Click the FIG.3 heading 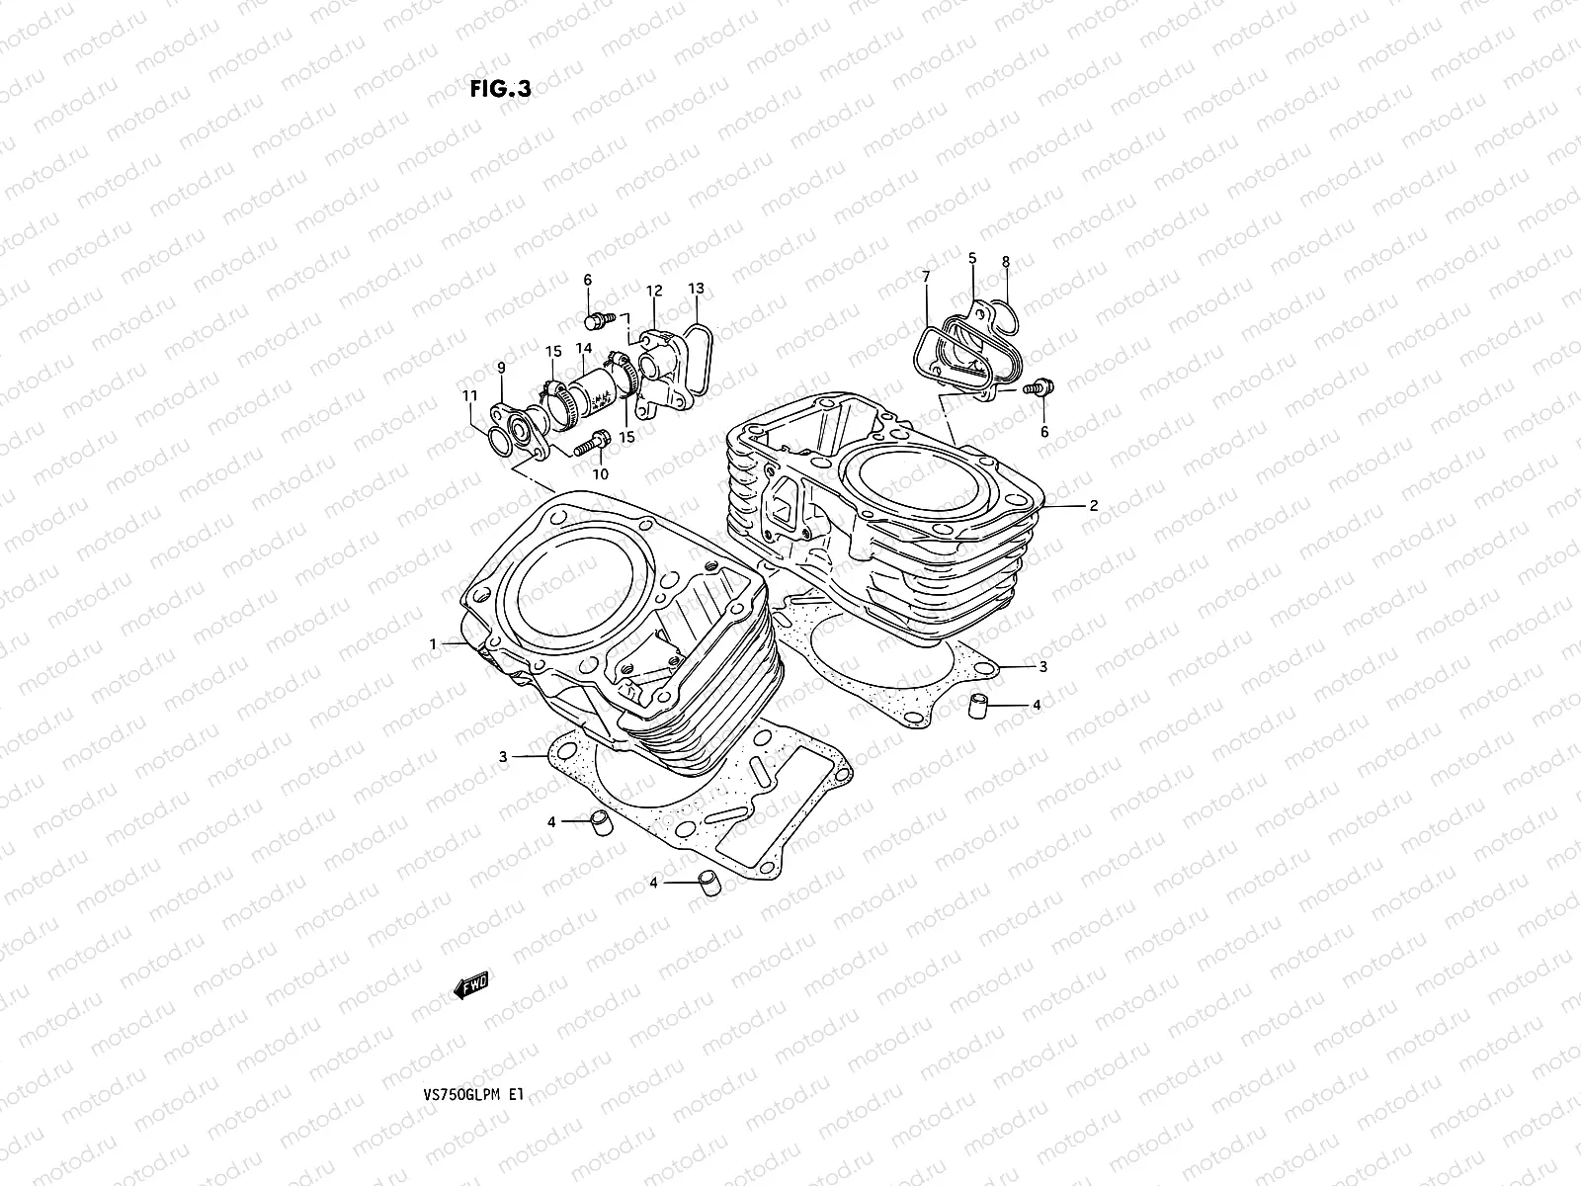tap(500, 89)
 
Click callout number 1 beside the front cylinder tap(433, 644)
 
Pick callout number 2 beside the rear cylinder tap(1094, 505)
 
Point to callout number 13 tap(696, 290)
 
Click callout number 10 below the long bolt tap(600, 473)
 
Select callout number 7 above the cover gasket tap(926, 277)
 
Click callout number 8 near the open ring tap(1005, 262)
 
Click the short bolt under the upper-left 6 tap(597, 320)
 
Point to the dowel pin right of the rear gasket tap(976, 707)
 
